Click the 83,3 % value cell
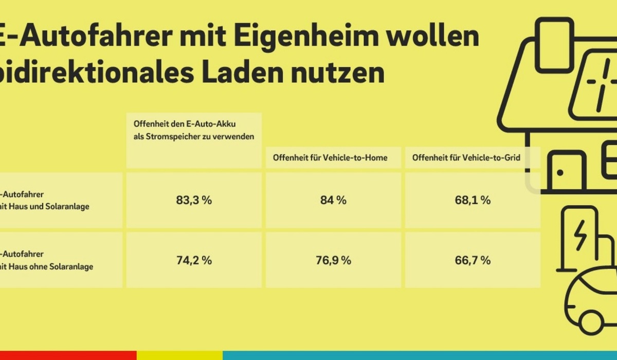pyautogui.click(x=194, y=201)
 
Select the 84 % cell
pyautogui.click(x=333, y=201)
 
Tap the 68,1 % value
pyautogui.click(x=473, y=201)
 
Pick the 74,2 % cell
pyautogui.click(x=194, y=260)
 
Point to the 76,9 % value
pyautogui.click(x=333, y=260)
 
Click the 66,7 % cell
pyautogui.click(x=473, y=260)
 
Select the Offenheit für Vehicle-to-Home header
pyautogui.click(x=333, y=158)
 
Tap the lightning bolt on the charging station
pyautogui.click(x=579, y=235)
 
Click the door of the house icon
pyautogui.click(x=566, y=172)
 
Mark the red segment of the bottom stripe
pyautogui.click(x=67, y=355)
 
